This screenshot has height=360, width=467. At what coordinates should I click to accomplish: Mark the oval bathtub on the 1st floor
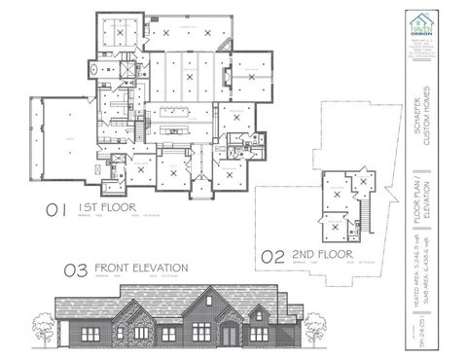[93, 70]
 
